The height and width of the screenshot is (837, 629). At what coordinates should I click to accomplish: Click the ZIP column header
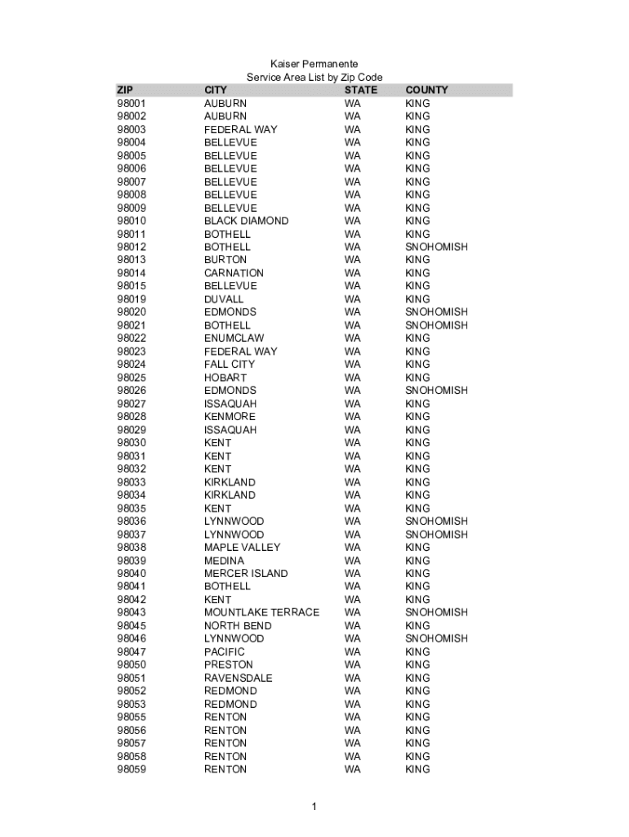coord(125,90)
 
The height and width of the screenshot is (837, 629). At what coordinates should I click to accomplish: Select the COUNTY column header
coord(426,90)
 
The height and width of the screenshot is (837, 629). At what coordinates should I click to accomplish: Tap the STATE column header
coord(361,90)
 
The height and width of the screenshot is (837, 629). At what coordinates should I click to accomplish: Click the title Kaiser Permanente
coord(314,64)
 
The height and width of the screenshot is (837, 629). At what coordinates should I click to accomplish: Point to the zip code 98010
coord(132,221)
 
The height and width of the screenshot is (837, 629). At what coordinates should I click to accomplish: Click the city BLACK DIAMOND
coord(246,221)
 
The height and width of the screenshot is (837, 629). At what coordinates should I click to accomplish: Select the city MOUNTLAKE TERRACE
coord(261,612)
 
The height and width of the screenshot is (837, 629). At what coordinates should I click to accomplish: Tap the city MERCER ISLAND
coord(246,573)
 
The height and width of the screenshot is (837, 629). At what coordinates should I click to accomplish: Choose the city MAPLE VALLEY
coord(242,547)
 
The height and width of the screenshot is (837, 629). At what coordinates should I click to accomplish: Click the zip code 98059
coord(132,769)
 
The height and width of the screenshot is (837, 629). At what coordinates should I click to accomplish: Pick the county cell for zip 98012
coord(436,247)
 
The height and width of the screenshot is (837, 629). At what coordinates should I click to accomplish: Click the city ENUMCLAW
coord(234,338)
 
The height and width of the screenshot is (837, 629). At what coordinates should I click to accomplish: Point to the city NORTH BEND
coord(238,625)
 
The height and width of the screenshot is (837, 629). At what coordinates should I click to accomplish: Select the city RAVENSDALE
coord(239,678)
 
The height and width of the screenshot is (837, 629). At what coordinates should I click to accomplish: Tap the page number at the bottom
coord(314,808)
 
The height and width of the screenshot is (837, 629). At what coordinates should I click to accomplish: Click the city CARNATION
coord(234,273)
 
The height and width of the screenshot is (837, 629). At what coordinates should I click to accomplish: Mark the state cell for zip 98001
coord(352,104)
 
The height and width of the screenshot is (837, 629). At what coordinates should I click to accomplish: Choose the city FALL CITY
coord(230,364)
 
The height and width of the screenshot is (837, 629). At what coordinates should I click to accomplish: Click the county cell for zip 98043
coord(436,612)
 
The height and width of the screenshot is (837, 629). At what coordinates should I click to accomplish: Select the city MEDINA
coord(224,560)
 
